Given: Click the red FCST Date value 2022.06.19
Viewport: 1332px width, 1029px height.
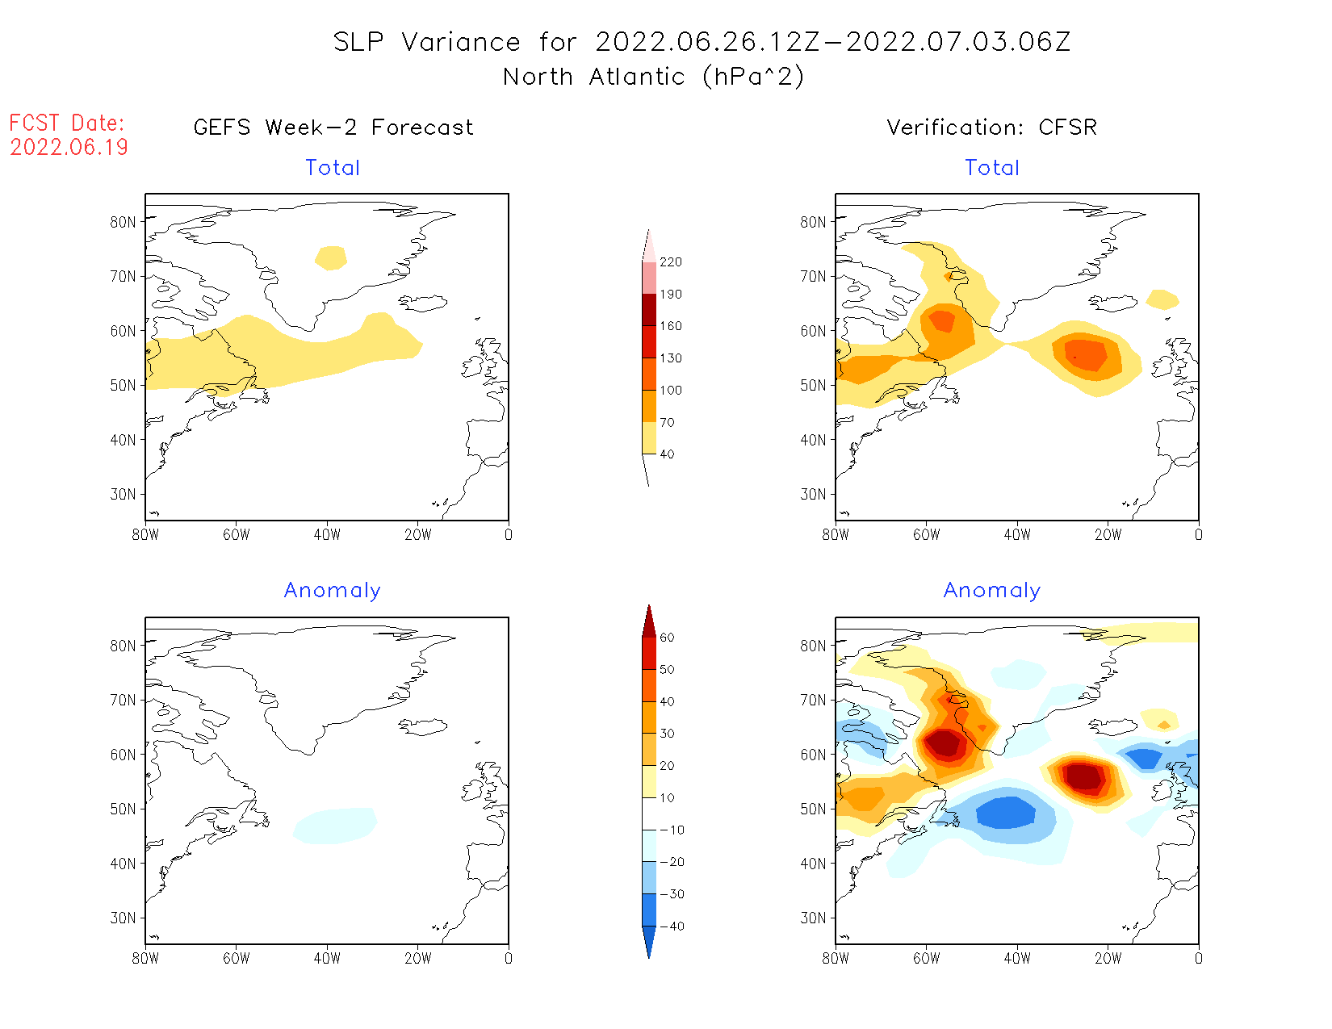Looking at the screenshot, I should pos(69,147).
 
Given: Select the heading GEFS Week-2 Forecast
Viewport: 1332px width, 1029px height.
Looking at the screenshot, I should pos(333,128).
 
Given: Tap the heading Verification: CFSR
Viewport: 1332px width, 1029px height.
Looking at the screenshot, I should pos(991,128).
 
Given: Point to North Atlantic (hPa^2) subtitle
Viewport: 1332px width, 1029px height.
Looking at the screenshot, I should pos(653,77).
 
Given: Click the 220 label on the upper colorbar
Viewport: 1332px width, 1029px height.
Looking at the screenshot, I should pos(670,262).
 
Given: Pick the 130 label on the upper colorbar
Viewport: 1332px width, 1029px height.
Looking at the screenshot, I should pos(670,358).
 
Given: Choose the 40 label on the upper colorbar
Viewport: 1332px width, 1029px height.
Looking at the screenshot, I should pos(667,454).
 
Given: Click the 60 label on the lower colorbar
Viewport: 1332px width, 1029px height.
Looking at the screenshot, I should pos(667,638).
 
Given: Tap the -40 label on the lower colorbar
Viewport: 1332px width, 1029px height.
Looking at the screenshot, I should pos(672,927).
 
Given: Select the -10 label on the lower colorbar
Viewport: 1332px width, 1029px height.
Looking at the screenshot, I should pos(672,830).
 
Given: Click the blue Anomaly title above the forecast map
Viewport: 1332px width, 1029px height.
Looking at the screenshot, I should pos(332,591).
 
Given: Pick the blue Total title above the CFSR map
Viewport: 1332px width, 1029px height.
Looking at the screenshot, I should pos(992,168).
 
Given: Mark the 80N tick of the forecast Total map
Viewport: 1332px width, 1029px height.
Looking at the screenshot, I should pos(124,222).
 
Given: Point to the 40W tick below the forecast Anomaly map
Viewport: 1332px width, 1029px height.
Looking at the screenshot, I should pos(326,959).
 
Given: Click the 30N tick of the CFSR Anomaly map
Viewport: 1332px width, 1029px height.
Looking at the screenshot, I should pos(814,918).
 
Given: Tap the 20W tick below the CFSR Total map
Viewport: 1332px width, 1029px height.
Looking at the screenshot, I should pos(1108,534).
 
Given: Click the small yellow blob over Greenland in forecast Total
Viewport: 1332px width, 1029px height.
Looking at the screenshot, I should pos(331,258).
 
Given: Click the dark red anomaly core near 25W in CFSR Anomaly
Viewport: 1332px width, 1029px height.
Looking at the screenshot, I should pos(1083,776).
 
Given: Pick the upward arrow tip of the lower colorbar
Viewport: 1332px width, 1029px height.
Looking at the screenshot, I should pos(649,607).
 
